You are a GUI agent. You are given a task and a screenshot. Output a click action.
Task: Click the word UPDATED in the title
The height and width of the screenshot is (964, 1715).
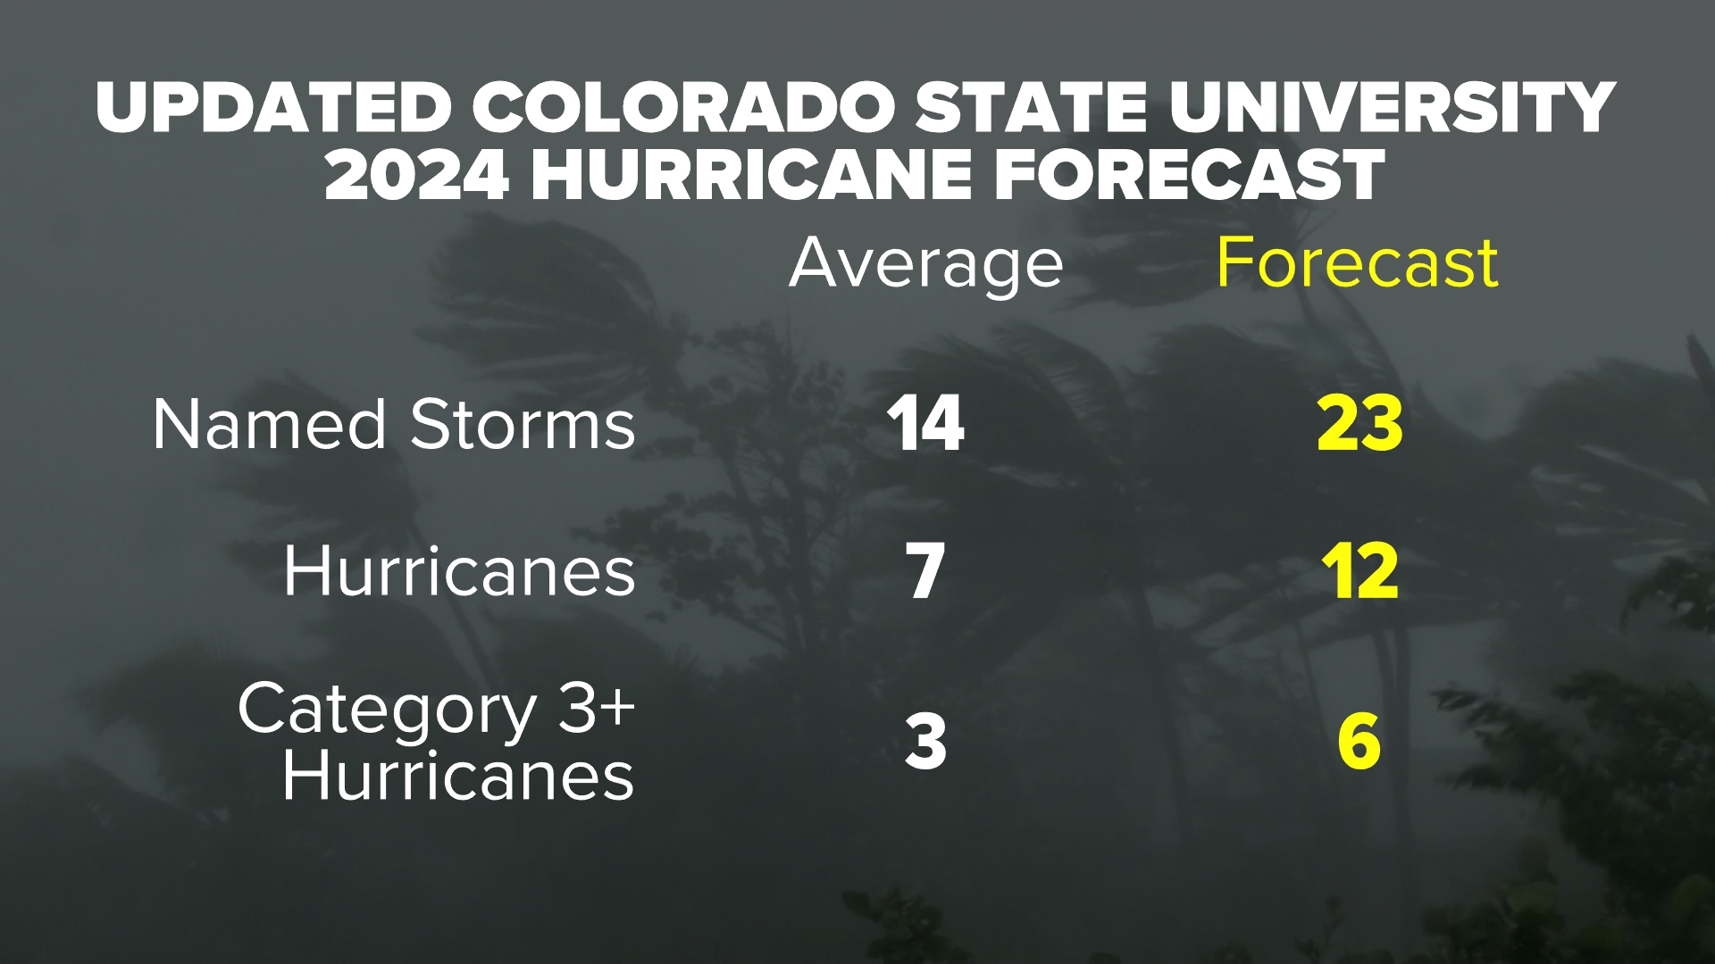[272, 108]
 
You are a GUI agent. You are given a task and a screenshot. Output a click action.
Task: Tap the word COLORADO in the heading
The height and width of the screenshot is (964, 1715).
[682, 108]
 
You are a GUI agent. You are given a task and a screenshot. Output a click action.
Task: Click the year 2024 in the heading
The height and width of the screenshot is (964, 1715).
[416, 175]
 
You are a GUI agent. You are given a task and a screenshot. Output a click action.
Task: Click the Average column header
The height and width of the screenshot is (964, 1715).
[925, 264]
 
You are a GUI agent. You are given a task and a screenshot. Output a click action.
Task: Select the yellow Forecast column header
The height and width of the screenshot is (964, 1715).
[1357, 264]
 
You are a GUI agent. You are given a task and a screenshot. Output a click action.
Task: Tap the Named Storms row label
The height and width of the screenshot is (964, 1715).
[393, 425]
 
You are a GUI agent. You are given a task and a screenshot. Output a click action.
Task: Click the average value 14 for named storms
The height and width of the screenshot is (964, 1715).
[925, 424]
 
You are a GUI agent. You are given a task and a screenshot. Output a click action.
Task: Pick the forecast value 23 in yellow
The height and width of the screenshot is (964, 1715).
[1359, 424]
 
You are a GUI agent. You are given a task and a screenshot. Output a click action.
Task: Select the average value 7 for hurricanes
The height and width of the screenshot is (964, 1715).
[925, 572]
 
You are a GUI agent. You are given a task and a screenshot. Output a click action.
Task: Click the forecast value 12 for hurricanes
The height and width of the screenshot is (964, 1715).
[1359, 572]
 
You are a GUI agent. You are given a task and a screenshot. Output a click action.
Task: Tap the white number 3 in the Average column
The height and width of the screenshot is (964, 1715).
[925, 742]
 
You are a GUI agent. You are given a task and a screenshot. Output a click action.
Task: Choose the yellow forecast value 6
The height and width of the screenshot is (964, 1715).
[1359, 742]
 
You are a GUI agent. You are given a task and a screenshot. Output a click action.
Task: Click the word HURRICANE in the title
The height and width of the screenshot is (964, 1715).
[750, 175]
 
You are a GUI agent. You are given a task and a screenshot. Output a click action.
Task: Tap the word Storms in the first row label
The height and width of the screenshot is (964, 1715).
[523, 425]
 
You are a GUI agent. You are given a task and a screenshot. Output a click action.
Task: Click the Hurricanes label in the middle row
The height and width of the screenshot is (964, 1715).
[459, 572]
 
